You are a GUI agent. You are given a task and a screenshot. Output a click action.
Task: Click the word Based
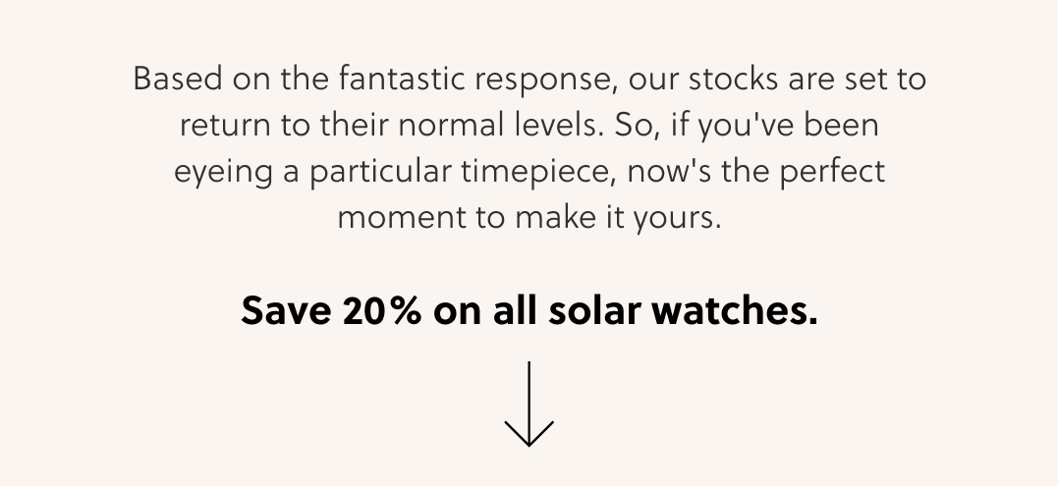[178, 79]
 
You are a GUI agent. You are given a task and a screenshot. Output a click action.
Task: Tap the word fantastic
[402, 79]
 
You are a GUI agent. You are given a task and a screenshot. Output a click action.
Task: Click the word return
[225, 126]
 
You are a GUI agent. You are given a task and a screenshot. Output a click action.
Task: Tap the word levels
[559, 125]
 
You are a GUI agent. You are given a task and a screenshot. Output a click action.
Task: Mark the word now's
[669, 171]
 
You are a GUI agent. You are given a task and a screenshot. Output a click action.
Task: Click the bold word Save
[286, 310]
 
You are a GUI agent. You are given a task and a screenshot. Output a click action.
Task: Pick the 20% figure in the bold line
[382, 310]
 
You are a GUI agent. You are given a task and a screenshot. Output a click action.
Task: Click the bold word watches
[735, 310]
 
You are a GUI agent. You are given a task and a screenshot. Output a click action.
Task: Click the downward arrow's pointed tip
[529, 446]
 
